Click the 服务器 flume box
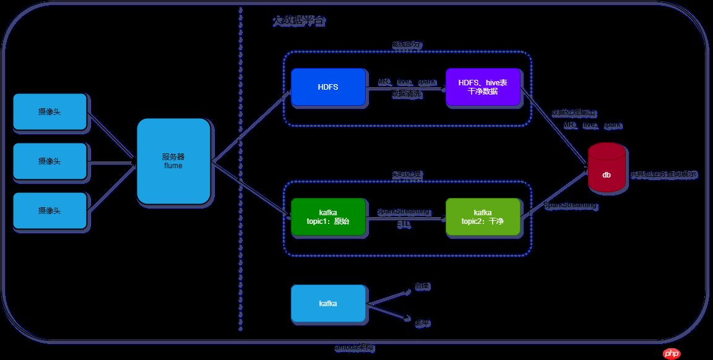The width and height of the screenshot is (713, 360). [x=173, y=161]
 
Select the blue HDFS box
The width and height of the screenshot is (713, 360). [x=328, y=87]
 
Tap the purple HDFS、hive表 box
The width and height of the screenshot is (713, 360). [x=483, y=87]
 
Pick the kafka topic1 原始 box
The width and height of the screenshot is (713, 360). [x=328, y=217]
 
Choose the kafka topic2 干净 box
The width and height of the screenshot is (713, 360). [x=483, y=217]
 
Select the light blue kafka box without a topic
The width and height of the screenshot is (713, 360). [x=328, y=304]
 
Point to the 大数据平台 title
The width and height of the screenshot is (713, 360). [x=298, y=21]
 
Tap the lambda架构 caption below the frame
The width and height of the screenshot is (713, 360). [x=354, y=348]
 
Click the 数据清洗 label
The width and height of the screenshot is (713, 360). [x=407, y=95]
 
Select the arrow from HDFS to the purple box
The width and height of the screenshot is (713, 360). [x=405, y=88]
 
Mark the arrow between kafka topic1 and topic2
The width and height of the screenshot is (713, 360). [x=405, y=218]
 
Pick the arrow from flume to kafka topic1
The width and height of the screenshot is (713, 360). [x=251, y=189]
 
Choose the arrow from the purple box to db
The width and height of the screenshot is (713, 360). [x=554, y=127]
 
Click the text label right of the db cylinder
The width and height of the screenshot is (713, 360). [x=664, y=175]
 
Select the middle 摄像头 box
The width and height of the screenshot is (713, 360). [x=50, y=161]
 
